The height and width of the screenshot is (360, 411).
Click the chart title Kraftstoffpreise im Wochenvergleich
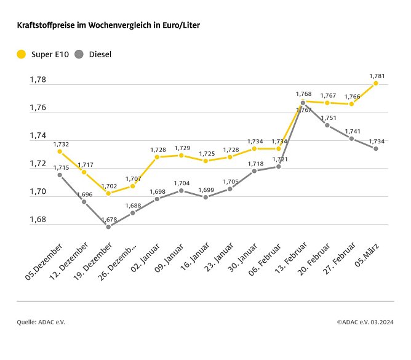pos(108,25)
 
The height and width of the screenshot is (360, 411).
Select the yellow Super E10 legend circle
pos(22,54)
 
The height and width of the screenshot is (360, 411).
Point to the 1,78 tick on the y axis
pos(38,80)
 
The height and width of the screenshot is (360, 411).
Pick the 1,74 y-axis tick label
pos(38,136)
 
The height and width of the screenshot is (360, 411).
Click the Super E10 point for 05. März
pos(375,83)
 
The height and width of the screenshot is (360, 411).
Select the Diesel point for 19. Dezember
pos(108,226)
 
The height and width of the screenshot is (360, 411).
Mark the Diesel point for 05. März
pos(375,148)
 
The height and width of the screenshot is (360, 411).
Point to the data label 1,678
pos(108,220)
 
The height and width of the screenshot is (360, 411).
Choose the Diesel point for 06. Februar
pos(278,167)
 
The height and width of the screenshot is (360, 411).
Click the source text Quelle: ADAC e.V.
pos(41,322)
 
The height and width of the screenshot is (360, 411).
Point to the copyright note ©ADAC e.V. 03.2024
pos(365,322)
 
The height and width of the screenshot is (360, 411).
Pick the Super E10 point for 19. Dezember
pos(108,193)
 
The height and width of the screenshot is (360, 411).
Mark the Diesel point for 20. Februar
pos(327,125)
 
